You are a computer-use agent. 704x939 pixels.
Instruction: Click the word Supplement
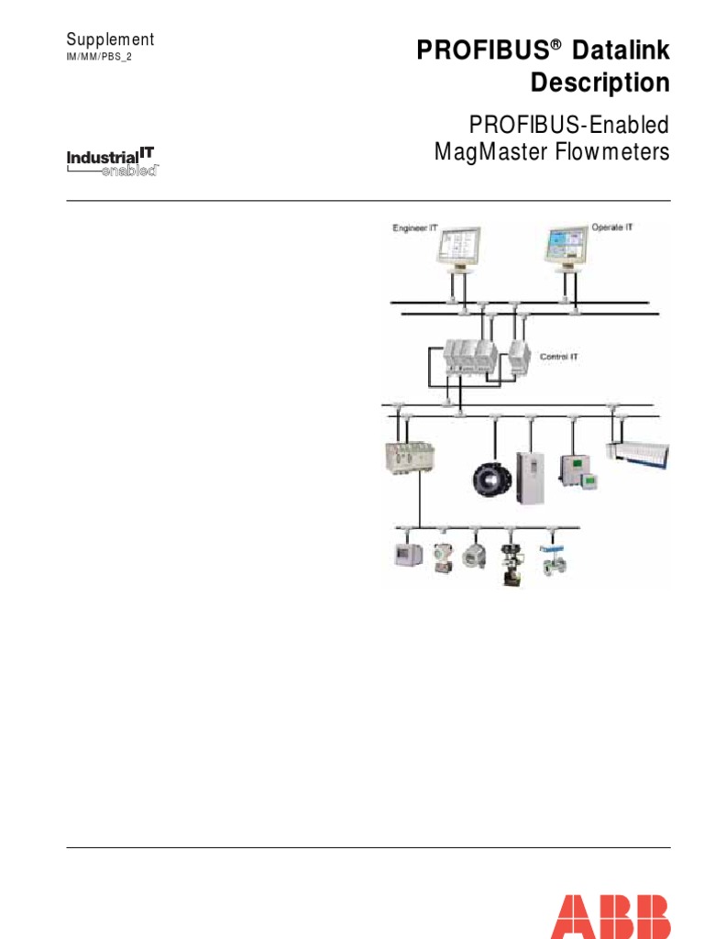(110, 39)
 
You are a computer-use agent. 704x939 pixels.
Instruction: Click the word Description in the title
(600, 83)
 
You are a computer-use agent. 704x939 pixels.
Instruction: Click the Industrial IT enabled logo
(114, 162)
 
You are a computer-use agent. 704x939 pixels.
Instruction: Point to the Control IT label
(559, 356)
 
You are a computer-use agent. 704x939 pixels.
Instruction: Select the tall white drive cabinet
(530, 477)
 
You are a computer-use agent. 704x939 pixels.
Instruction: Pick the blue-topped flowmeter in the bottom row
(553, 561)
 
